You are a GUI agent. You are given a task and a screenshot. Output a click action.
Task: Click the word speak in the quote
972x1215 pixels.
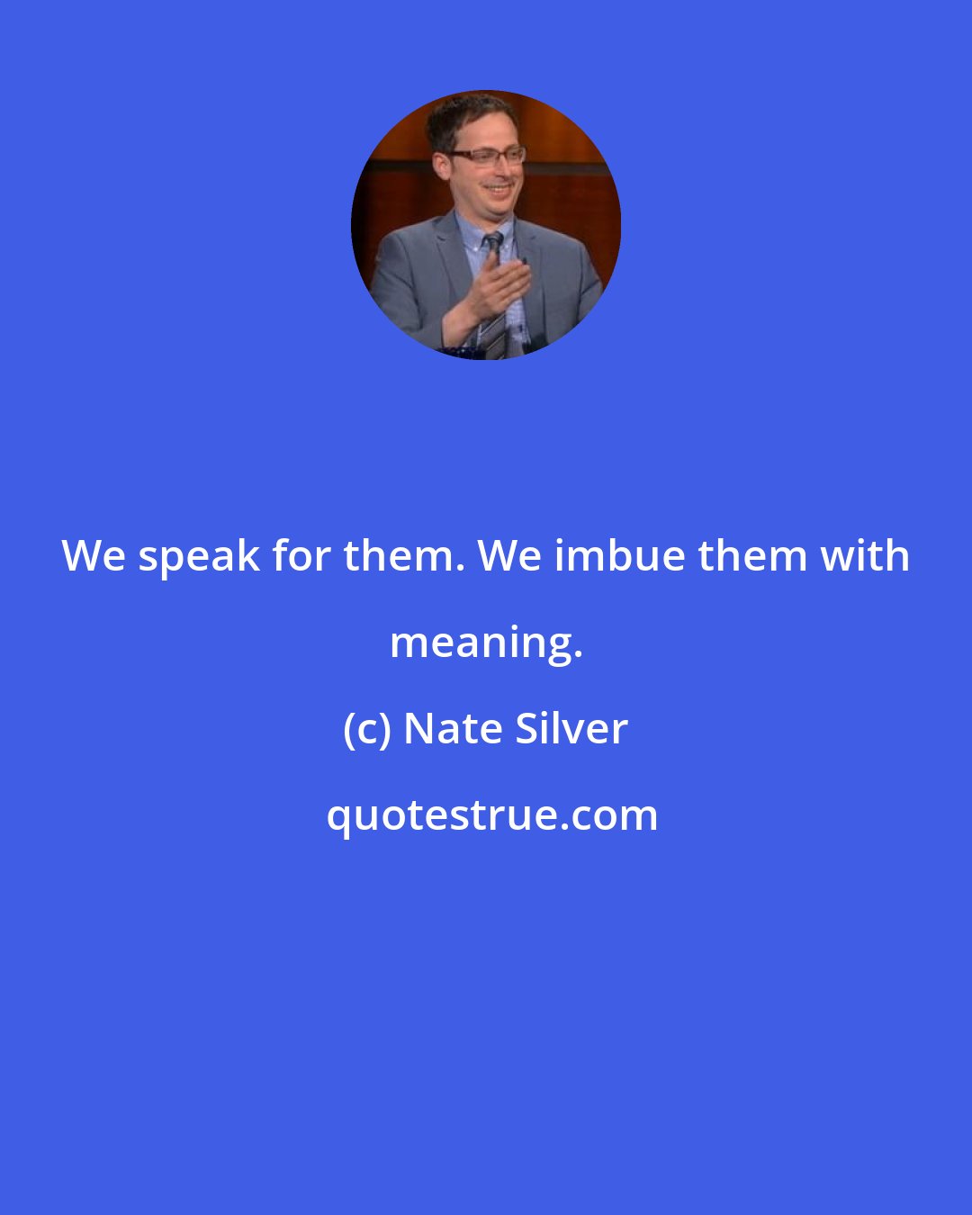click(198, 557)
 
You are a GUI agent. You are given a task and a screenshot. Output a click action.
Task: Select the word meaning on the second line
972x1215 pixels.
click(486, 643)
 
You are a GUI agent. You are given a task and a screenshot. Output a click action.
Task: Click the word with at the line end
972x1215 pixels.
click(867, 555)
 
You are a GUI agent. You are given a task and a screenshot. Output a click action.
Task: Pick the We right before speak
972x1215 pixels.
click(94, 555)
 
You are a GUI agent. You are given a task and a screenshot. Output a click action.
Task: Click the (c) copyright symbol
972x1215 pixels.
click(366, 729)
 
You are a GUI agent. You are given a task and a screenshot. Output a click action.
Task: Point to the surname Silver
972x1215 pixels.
click(571, 729)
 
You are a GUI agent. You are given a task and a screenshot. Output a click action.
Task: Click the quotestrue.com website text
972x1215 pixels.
click(491, 815)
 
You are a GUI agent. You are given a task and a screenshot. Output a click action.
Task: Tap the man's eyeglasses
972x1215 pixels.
click(488, 157)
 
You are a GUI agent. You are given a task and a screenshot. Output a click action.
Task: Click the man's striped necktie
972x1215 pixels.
click(493, 288)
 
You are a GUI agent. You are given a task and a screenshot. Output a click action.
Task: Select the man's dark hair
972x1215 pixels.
click(463, 117)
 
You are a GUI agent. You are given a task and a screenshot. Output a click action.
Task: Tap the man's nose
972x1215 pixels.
click(500, 171)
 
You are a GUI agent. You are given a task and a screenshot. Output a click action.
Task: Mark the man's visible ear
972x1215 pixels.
click(441, 166)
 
